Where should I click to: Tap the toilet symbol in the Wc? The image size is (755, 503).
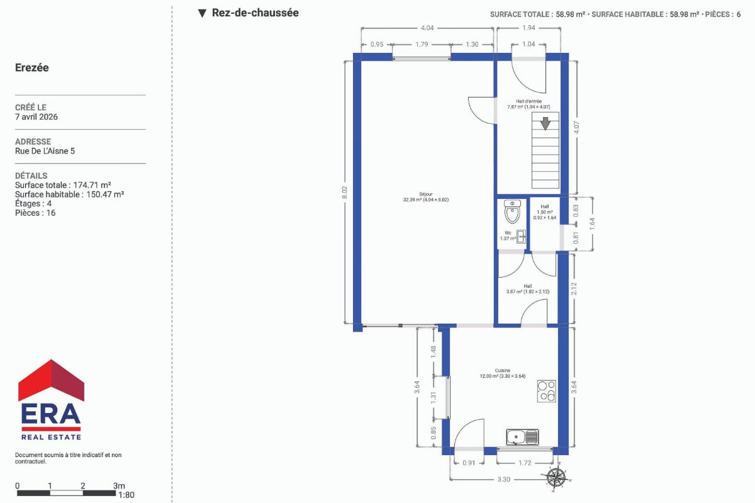[x=512, y=212]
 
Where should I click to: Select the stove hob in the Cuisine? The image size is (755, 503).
[x=546, y=391]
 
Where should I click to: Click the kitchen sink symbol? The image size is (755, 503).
[x=522, y=437]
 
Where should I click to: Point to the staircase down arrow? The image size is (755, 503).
[x=545, y=123]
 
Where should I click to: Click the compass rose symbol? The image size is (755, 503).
[x=556, y=478]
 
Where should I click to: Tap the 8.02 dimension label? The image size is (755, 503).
[x=345, y=192]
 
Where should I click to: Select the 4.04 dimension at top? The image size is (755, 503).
[x=427, y=28]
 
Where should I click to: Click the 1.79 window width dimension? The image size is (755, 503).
[x=422, y=44]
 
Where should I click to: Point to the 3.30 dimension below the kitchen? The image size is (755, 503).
[x=504, y=479]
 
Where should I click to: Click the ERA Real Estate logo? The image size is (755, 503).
[x=51, y=400]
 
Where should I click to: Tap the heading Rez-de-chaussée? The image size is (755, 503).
[x=255, y=13]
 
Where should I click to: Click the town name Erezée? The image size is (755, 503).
[x=32, y=67]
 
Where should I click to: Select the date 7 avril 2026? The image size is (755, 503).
[x=36, y=116]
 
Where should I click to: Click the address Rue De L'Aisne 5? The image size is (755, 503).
[x=45, y=151]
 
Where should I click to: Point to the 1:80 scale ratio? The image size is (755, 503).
[x=126, y=495]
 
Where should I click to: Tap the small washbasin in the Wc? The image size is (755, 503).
[x=521, y=237]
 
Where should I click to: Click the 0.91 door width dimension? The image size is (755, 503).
[x=469, y=463]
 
